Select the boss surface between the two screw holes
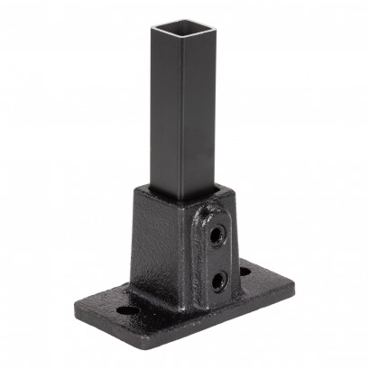click(217, 256)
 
